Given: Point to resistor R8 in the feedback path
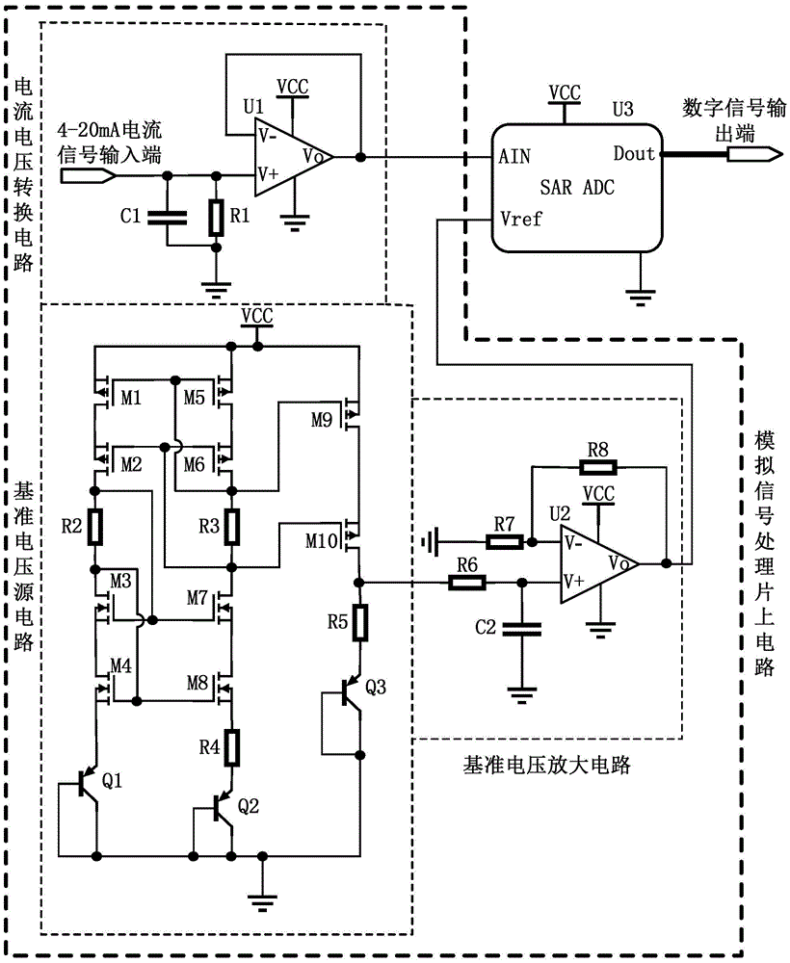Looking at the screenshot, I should point(598,468).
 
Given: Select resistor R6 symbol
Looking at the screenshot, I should point(466,582).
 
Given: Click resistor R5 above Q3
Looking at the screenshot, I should point(359,623).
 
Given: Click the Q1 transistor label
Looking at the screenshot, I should point(112,781).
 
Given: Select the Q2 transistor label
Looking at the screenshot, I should point(248,806).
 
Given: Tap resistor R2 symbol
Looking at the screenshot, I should point(95,526).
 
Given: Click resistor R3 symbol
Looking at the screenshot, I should point(231,526).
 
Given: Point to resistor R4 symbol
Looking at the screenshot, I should point(231,745).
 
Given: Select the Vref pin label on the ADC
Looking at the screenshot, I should point(521,219).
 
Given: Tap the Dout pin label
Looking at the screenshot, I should point(633,154).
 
